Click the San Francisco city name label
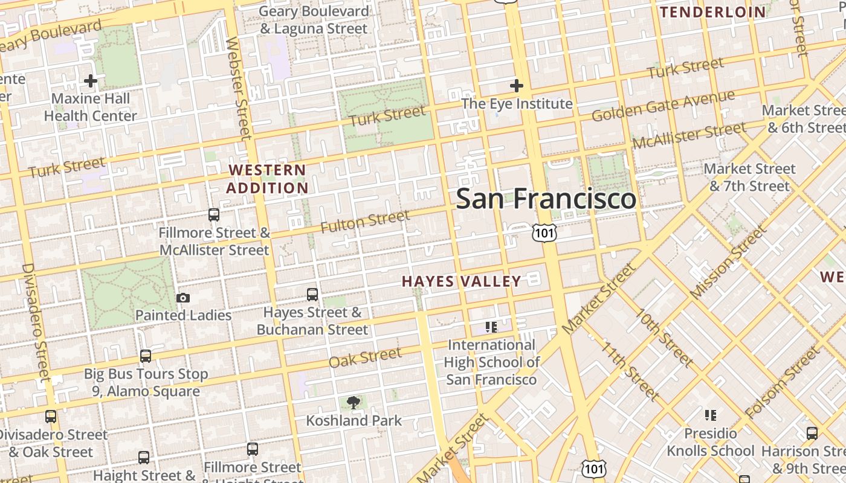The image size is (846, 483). click(x=546, y=199)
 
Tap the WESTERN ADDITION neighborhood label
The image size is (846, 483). click(x=268, y=179)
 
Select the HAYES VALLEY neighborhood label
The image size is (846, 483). click(x=461, y=281)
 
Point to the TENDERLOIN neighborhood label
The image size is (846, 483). click(x=712, y=12)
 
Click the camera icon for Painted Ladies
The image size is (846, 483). click(x=182, y=298)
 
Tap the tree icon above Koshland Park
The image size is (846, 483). click(x=353, y=403)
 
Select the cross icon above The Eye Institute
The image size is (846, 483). click(x=516, y=86)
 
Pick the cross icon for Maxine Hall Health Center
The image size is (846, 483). click(x=91, y=80)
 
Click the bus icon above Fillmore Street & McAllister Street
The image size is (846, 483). click(x=213, y=214)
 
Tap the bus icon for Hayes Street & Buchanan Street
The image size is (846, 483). click(x=312, y=295)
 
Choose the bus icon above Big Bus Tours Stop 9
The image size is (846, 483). click(x=145, y=356)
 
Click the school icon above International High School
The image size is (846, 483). click(x=491, y=327)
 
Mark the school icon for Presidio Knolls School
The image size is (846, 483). click(x=711, y=415)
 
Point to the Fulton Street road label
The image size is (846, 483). click(x=365, y=222)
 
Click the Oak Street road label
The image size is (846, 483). click(x=365, y=357)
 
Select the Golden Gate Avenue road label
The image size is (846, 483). click(x=663, y=106)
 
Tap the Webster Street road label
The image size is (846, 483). click(x=237, y=88)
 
